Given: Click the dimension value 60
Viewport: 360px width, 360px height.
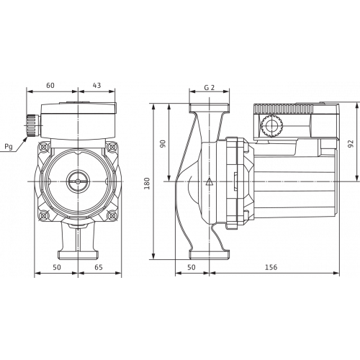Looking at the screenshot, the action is pos(50,86).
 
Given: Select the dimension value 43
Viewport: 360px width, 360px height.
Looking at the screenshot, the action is pos(96,86).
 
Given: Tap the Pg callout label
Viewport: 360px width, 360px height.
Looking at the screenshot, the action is pos(9,146).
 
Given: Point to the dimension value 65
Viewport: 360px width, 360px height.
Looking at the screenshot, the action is pos(99,267).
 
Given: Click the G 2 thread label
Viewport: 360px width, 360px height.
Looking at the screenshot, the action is pos(210,88).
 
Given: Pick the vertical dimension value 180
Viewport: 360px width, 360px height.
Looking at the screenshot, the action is pos(147,184).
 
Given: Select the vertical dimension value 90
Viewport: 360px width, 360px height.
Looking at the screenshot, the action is pos(163,144).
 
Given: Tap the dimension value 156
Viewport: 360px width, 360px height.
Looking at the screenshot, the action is pos(271,267).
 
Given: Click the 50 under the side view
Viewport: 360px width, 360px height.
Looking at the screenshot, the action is pos(192,267).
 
